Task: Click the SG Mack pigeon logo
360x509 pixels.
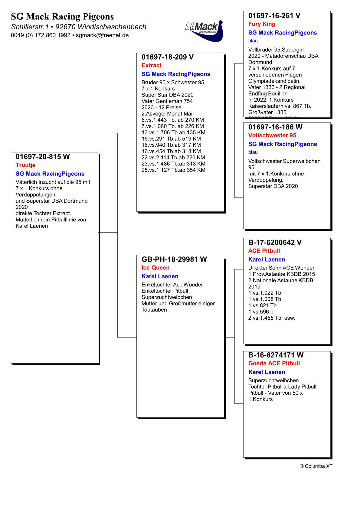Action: click(x=205, y=30)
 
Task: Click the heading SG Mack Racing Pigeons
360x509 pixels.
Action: click(x=62, y=16)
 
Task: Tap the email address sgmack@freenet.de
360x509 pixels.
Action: click(x=102, y=35)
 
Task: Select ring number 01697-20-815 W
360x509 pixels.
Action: click(x=43, y=157)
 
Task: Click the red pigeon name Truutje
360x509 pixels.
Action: click(x=25, y=165)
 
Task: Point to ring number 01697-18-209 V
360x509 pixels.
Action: click(x=168, y=57)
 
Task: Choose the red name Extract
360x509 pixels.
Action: click(x=151, y=65)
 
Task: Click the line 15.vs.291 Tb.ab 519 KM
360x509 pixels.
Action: click(x=171, y=139)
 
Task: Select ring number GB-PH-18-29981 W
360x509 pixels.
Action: click(x=174, y=259)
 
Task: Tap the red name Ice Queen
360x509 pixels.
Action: click(x=155, y=268)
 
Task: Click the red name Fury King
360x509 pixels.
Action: click(x=262, y=24)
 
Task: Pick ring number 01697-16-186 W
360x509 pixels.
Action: click(x=275, y=127)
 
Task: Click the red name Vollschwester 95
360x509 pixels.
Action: click(x=272, y=135)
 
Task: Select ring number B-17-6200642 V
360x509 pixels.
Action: click(x=275, y=243)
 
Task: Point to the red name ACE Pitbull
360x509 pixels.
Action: click(x=264, y=251)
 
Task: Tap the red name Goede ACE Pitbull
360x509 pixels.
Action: click(x=274, y=363)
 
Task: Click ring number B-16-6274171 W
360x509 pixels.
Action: click(x=276, y=355)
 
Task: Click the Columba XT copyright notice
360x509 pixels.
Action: click(x=316, y=466)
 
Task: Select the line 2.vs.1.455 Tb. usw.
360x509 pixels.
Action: click(x=271, y=318)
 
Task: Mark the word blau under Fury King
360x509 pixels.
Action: click(x=253, y=41)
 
